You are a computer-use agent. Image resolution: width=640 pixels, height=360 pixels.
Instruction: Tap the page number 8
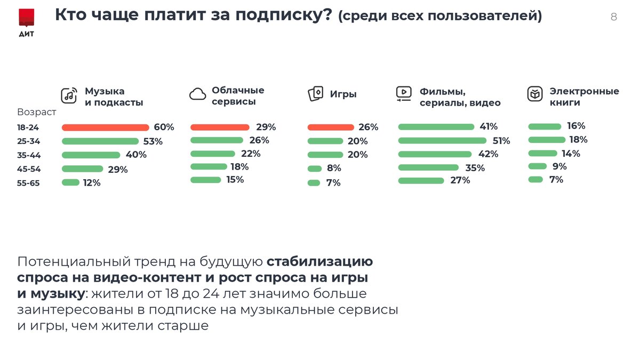[613, 17]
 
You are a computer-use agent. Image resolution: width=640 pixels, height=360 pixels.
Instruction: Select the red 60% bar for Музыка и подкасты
[105, 127]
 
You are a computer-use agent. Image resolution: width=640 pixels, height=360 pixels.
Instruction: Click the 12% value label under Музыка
[91, 183]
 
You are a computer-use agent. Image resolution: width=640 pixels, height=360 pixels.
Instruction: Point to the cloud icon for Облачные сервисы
[197, 95]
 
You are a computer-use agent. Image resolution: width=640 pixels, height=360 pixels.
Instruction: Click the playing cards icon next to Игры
[315, 94]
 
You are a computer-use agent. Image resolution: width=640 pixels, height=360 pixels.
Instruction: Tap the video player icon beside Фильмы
[404, 94]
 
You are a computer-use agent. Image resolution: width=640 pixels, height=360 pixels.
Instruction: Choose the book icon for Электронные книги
[534, 94]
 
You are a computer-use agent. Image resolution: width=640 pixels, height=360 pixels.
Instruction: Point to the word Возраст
[36, 113]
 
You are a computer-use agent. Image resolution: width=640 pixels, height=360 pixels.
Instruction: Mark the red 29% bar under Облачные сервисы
[220, 127]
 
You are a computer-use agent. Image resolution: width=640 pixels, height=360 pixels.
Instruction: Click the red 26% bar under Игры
[331, 127]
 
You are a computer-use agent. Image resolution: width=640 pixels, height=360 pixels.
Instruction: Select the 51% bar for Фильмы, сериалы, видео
[442, 141]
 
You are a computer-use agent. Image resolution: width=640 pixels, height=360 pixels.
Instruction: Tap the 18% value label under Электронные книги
[578, 140]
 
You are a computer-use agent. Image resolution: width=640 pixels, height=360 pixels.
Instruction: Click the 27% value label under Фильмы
[460, 180]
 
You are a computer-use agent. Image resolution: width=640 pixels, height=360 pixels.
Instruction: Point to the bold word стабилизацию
[319, 262]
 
